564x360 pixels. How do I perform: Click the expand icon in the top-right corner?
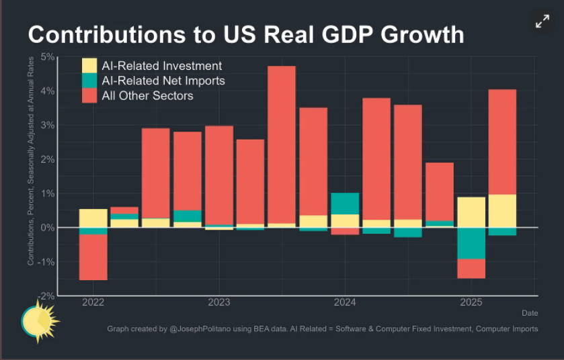point(542,21)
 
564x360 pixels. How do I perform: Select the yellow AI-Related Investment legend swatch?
point(89,66)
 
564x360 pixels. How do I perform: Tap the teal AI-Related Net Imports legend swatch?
point(89,81)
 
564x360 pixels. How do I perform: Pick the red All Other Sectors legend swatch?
point(89,95)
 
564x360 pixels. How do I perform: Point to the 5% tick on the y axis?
point(46,57)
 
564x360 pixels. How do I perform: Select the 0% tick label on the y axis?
point(47,228)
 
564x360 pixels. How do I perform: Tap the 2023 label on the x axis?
point(218,302)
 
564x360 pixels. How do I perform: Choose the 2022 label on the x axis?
point(93,302)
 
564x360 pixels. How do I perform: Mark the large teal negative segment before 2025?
point(471,243)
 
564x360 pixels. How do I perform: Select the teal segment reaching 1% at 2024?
point(345,204)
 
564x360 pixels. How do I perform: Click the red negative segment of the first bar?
point(93,257)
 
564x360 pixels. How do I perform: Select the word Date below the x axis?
point(530,312)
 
